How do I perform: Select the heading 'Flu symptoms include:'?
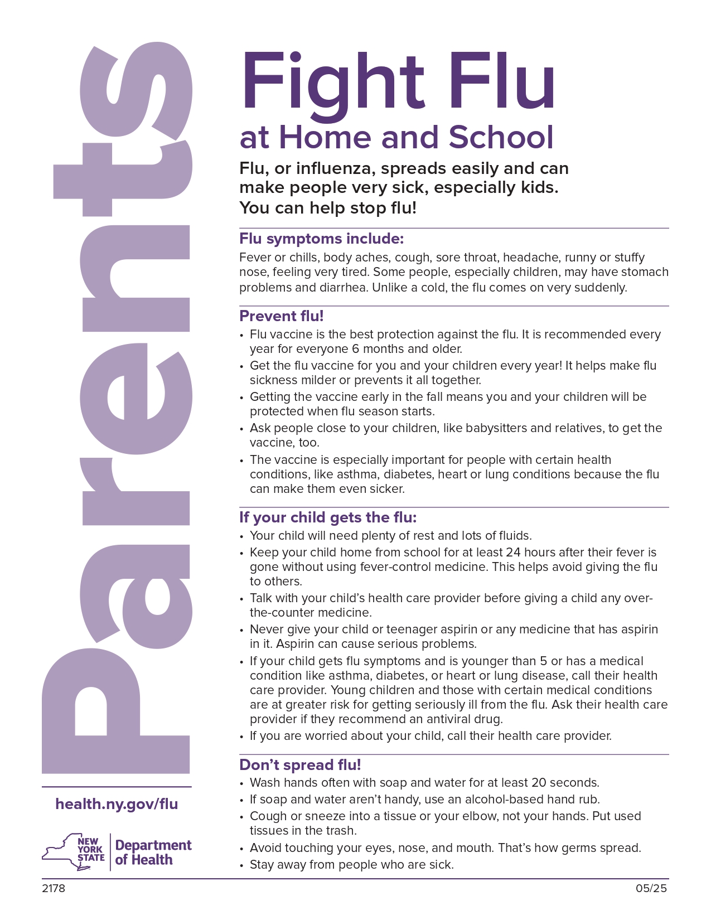(321, 239)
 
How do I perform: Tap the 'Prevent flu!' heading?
(281, 316)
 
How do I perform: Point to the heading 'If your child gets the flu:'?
(328, 517)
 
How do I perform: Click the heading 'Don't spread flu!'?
(300, 764)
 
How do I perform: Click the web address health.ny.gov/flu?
(117, 804)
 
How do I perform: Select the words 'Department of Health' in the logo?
(153, 853)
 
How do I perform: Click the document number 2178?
(53, 888)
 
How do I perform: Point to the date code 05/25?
(651, 888)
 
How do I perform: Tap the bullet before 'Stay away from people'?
(241, 866)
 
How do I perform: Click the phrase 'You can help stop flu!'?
(328, 208)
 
